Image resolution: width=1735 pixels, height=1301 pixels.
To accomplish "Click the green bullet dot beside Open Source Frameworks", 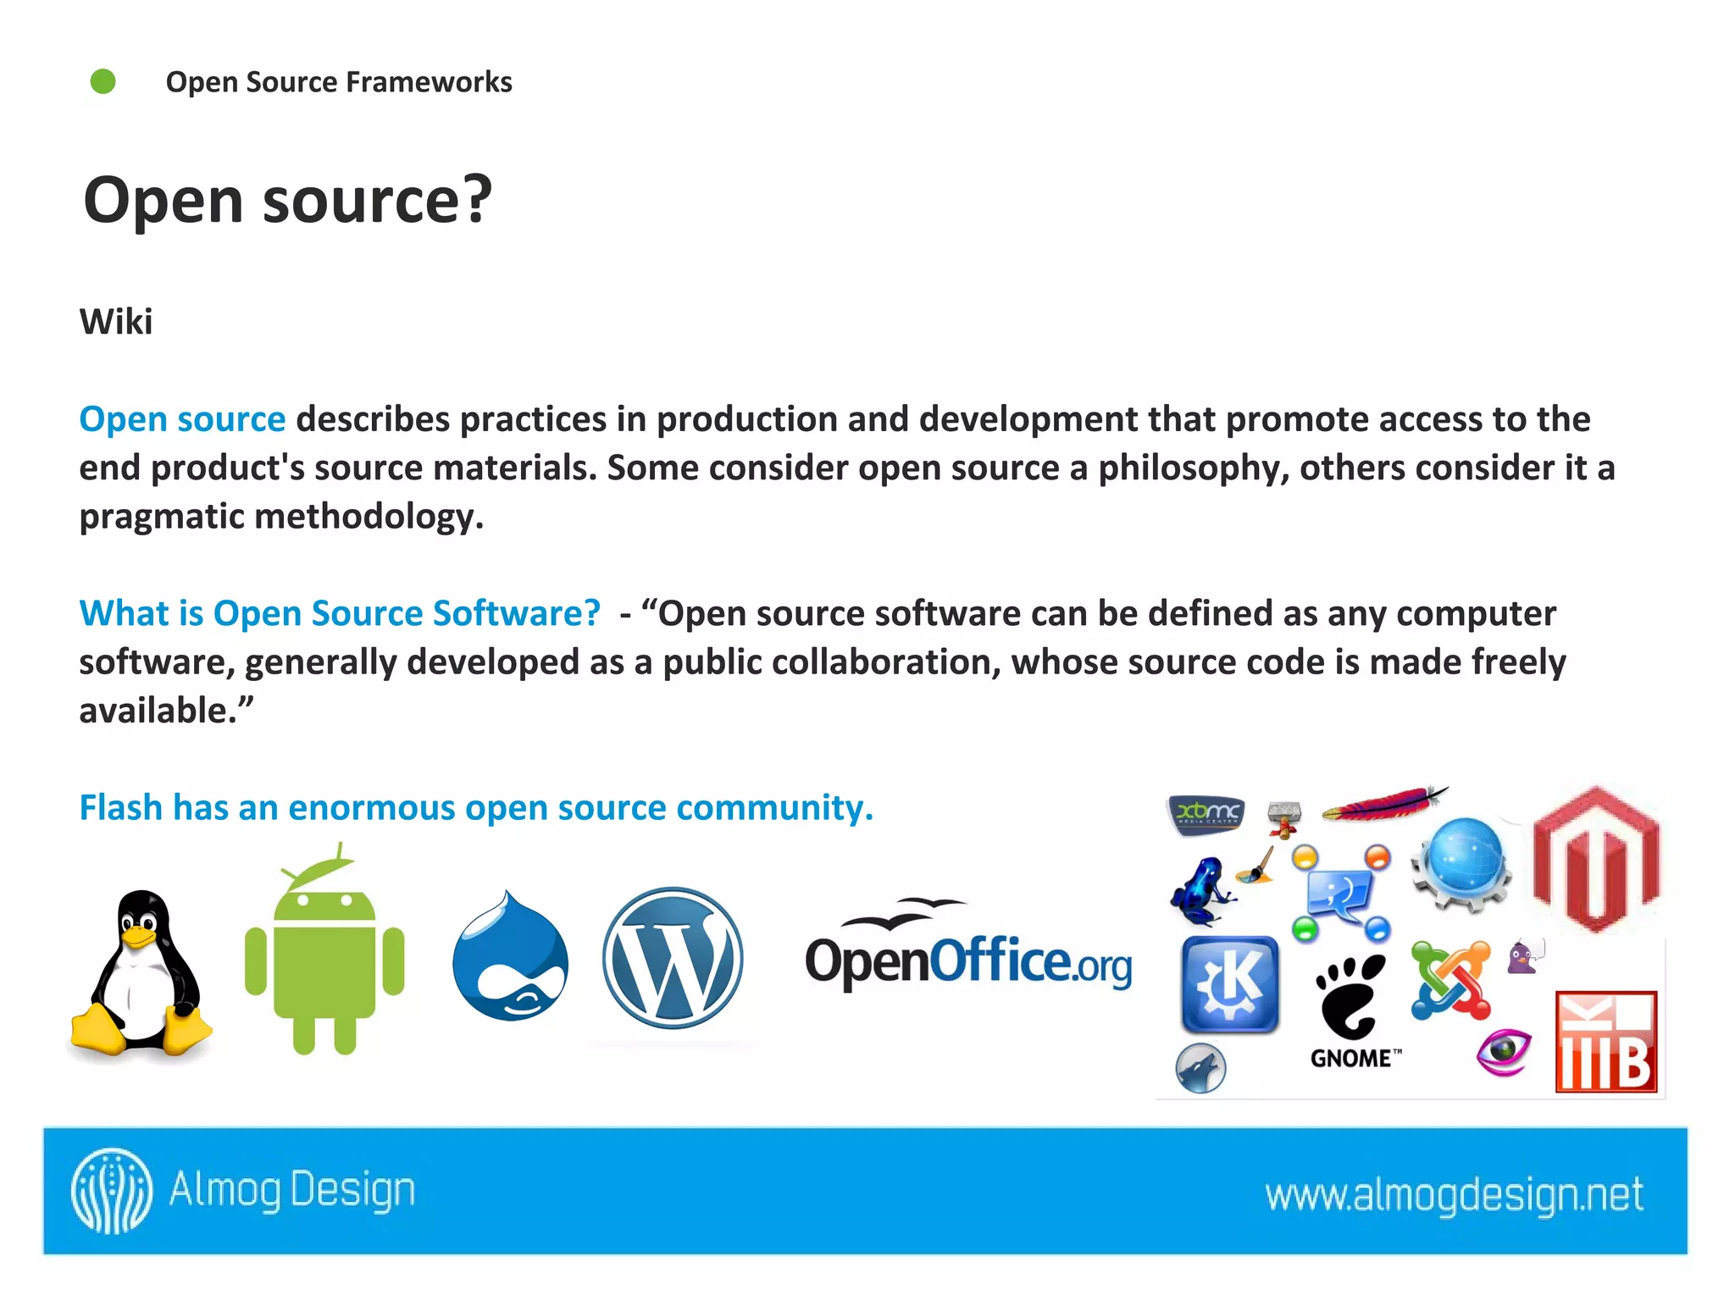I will tap(103, 81).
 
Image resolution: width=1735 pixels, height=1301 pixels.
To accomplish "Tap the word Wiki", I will tap(116, 322).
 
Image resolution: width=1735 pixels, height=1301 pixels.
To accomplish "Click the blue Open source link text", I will tap(182, 419).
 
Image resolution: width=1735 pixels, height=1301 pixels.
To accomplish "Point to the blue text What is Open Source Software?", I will tap(340, 613).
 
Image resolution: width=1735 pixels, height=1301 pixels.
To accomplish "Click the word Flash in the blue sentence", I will tap(120, 807).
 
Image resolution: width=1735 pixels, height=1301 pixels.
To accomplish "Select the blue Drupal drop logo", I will tap(510, 957).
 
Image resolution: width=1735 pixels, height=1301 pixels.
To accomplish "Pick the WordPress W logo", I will tap(673, 958).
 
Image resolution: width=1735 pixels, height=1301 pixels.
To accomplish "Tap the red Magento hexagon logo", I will tap(1596, 860).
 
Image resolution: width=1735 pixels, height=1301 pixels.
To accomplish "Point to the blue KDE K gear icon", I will tap(1230, 984).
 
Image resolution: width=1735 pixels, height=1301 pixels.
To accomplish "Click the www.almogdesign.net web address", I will tap(1454, 1194).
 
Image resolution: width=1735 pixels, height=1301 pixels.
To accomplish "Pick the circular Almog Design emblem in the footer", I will tap(112, 1191).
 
